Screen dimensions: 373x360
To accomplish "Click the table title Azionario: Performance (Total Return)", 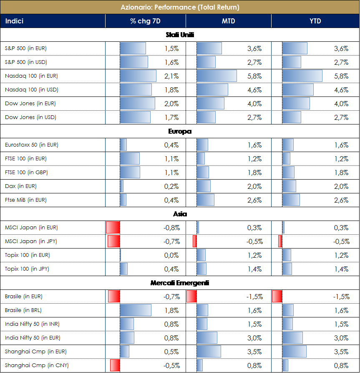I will click(180, 7).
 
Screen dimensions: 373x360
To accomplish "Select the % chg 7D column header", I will click(145, 21).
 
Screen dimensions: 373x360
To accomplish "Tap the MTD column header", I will click(228, 21).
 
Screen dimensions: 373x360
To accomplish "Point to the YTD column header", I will click(315, 21).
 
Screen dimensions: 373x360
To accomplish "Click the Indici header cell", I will click(14, 21).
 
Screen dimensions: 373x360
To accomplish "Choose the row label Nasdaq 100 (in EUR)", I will click(31, 76).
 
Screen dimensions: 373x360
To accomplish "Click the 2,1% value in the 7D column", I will click(171, 76).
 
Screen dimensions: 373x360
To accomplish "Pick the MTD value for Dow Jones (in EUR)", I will click(254, 104).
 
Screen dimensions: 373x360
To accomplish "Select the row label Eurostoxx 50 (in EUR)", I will click(32, 145).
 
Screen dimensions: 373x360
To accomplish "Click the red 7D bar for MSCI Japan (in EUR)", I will click(113, 228).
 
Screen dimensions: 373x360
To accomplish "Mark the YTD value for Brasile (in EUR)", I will click(341, 297).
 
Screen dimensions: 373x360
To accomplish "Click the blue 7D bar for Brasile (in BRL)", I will click(136, 310).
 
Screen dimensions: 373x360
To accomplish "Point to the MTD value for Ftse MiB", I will click(254, 200).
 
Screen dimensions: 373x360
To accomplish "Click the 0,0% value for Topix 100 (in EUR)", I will click(171, 255).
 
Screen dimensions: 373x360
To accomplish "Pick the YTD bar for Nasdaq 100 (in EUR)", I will click(302, 76).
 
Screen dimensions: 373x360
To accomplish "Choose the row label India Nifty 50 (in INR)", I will click(33, 324).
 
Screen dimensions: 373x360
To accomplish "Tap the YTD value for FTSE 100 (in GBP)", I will click(341, 173).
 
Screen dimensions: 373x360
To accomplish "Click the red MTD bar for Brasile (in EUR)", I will click(191, 297).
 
